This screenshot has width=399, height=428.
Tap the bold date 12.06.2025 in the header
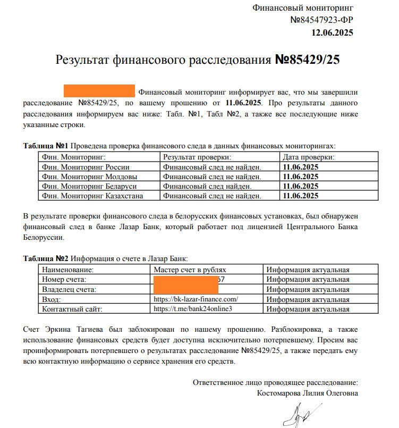[x=332, y=32]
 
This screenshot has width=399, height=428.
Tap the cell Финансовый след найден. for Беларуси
[x=207, y=186]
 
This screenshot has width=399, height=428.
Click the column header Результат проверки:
[x=197, y=157]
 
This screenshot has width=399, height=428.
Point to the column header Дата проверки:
[x=308, y=157]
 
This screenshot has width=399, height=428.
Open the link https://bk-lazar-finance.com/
[x=196, y=299]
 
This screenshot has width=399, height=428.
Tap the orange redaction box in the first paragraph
[x=99, y=90]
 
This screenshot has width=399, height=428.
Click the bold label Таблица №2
[x=46, y=258]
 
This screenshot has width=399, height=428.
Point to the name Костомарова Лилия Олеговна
[x=307, y=393]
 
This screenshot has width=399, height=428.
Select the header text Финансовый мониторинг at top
[x=303, y=8]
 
